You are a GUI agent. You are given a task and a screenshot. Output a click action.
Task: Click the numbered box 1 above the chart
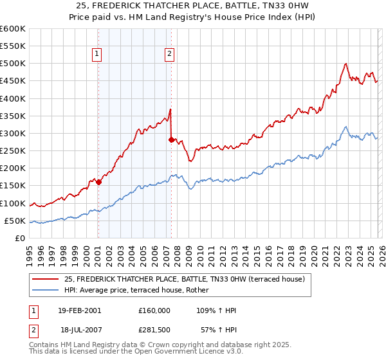[x=96, y=55]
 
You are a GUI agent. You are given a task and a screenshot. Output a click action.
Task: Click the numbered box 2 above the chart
[x=169, y=55]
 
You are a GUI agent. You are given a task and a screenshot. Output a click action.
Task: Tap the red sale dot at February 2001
[x=98, y=182]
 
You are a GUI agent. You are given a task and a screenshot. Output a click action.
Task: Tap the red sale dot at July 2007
[x=171, y=139]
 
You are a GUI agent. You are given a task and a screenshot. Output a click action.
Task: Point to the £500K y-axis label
[x=13, y=64]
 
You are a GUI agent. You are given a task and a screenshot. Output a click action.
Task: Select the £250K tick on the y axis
[x=13, y=151]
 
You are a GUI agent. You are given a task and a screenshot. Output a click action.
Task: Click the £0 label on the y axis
[x=19, y=239]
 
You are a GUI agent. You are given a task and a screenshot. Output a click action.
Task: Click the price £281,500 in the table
[x=154, y=329]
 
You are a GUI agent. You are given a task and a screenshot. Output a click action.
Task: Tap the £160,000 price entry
[x=154, y=310]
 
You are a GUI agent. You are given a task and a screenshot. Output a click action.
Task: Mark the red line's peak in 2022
[x=346, y=64]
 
